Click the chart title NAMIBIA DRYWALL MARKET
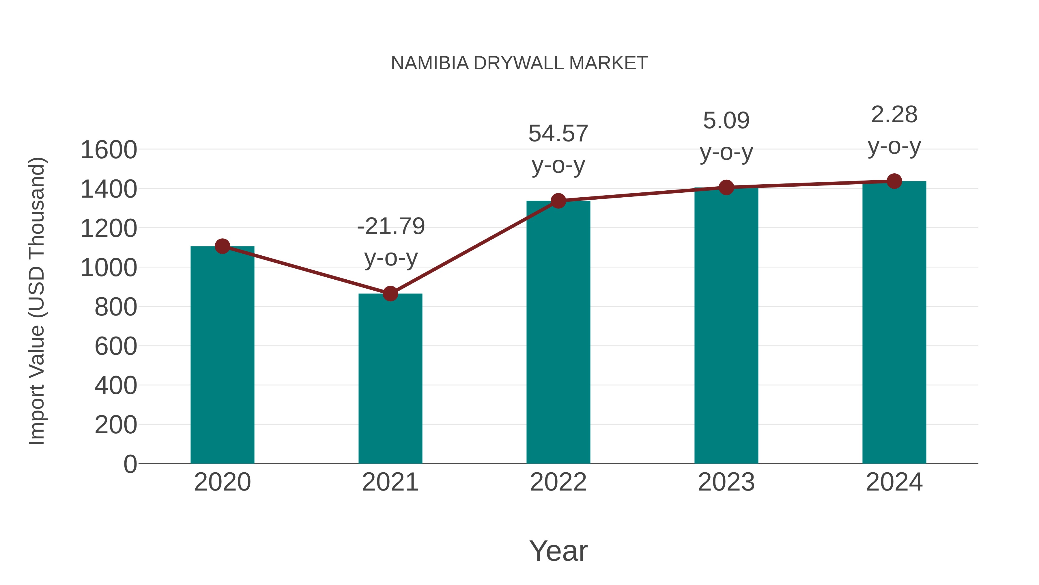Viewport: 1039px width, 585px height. coord(519,63)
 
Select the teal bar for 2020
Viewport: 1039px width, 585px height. coord(222,355)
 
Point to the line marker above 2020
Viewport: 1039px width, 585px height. coord(222,246)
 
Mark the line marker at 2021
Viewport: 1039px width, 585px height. coord(390,294)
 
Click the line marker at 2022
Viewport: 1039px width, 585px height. coord(558,201)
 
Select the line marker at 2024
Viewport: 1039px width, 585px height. coord(894,181)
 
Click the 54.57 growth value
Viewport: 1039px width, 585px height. coord(558,134)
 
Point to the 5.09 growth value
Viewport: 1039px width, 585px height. coord(726,121)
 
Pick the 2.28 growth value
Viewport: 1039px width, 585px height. coord(894,115)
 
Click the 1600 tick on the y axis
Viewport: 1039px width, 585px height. coord(109,150)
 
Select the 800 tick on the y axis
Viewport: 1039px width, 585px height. coord(116,307)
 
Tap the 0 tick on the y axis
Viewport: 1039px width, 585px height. coord(130,464)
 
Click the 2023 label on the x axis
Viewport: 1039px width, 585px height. coord(726,482)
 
